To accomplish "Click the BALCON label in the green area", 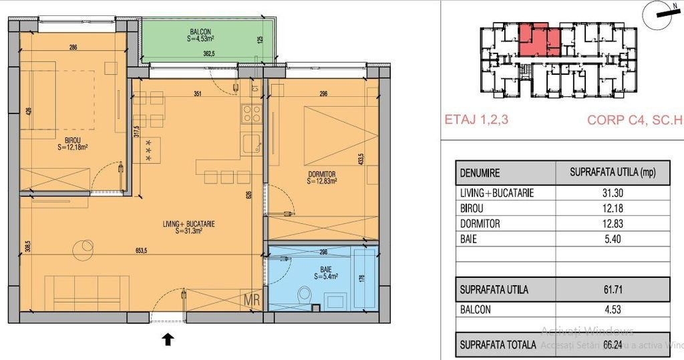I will point(201,31).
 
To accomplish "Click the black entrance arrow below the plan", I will point(168,339).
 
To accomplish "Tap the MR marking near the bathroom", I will point(252,300).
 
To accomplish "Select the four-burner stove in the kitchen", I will point(251,114).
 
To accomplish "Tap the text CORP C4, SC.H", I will point(635,121).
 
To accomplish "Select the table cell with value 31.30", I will point(614,192).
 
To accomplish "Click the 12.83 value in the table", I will point(614,224).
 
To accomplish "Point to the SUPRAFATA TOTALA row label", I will point(497,345).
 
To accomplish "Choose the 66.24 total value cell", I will point(614,345).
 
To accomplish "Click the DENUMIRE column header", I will point(480,172).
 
